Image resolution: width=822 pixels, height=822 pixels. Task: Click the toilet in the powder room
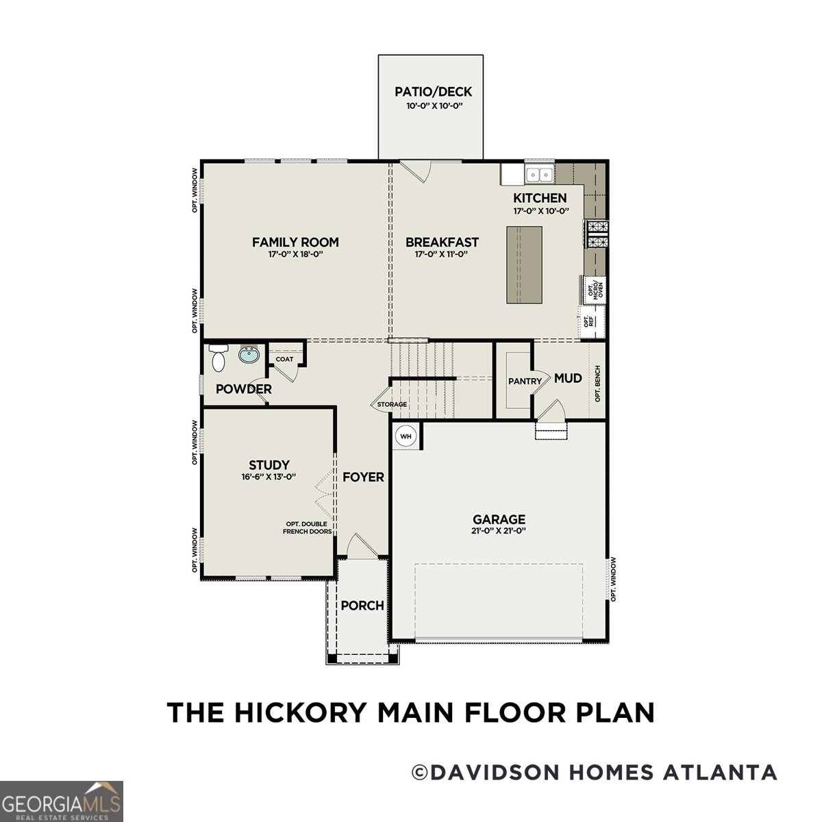point(219,358)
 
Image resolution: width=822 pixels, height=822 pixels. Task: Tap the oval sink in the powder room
point(249,356)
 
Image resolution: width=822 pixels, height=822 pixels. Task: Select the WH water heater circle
point(406,436)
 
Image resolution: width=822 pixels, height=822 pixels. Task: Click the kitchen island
point(524,264)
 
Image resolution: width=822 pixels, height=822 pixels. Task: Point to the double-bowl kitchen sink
point(539,175)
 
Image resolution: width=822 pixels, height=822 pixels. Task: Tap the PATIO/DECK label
point(434,92)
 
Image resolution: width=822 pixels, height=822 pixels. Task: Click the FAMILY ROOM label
point(295,242)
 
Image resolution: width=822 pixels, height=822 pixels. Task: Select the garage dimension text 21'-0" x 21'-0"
point(499,531)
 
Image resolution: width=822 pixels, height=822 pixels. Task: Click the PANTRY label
point(525,382)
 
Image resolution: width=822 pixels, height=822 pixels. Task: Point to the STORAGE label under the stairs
point(392,405)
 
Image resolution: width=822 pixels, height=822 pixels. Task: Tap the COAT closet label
point(284,359)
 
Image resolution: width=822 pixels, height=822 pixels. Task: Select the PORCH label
point(362,606)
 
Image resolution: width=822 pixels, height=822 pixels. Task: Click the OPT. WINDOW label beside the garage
point(614,579)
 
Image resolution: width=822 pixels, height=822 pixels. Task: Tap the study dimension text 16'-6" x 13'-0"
point(269,477)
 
